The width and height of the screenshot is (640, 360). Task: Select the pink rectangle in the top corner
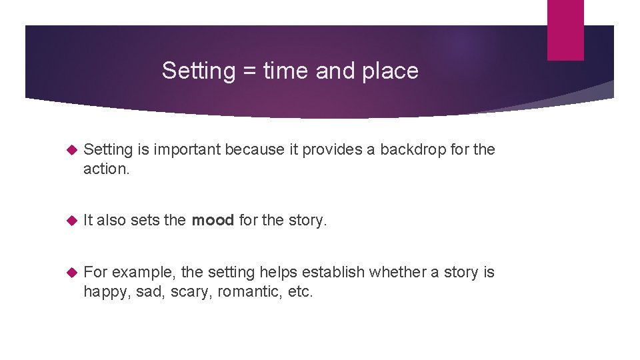(565, 30)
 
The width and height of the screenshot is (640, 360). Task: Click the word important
(188, 150)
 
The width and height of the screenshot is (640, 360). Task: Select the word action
(105, 169)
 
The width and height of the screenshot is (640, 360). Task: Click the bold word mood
(213, 221)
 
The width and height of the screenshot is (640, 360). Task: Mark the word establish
(333, 272)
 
